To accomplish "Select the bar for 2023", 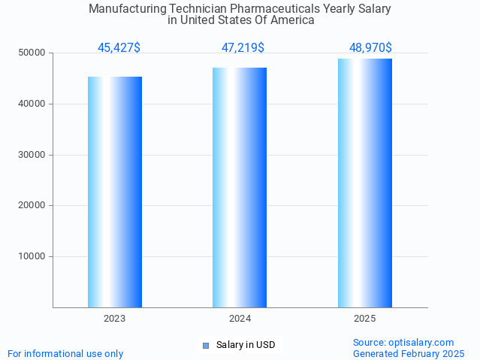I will [x=115, y=192].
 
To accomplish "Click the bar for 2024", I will [x=240, y=187].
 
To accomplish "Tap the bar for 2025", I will [x=365, y=183].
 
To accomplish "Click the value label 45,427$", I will [x=119, y=48].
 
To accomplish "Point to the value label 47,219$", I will [x=243, y=48].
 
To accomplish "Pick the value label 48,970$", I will [x=370, y=48].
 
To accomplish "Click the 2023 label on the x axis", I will [x=115, y=319].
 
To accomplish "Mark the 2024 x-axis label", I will [x=240, y=319].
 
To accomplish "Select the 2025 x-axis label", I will [x=365, y=319].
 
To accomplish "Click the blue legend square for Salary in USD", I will [x=206, y=346].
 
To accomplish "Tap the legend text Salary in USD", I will [x=246, y=346].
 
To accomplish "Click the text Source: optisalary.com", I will [x=403, y=343].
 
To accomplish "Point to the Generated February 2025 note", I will [x=409, y=354].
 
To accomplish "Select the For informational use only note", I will [x=65, y=354].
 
